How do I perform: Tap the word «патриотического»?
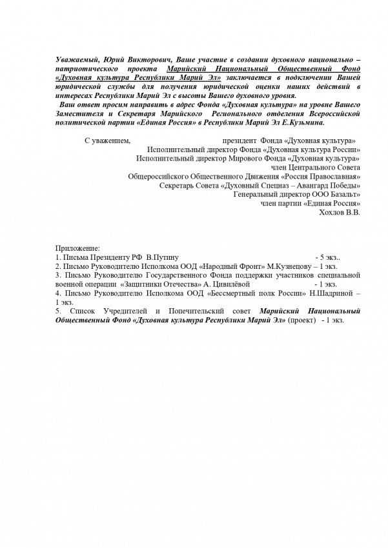85,67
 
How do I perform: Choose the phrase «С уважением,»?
108,139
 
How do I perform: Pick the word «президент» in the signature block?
239,139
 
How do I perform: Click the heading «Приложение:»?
78,248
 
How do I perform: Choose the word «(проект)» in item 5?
303,320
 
